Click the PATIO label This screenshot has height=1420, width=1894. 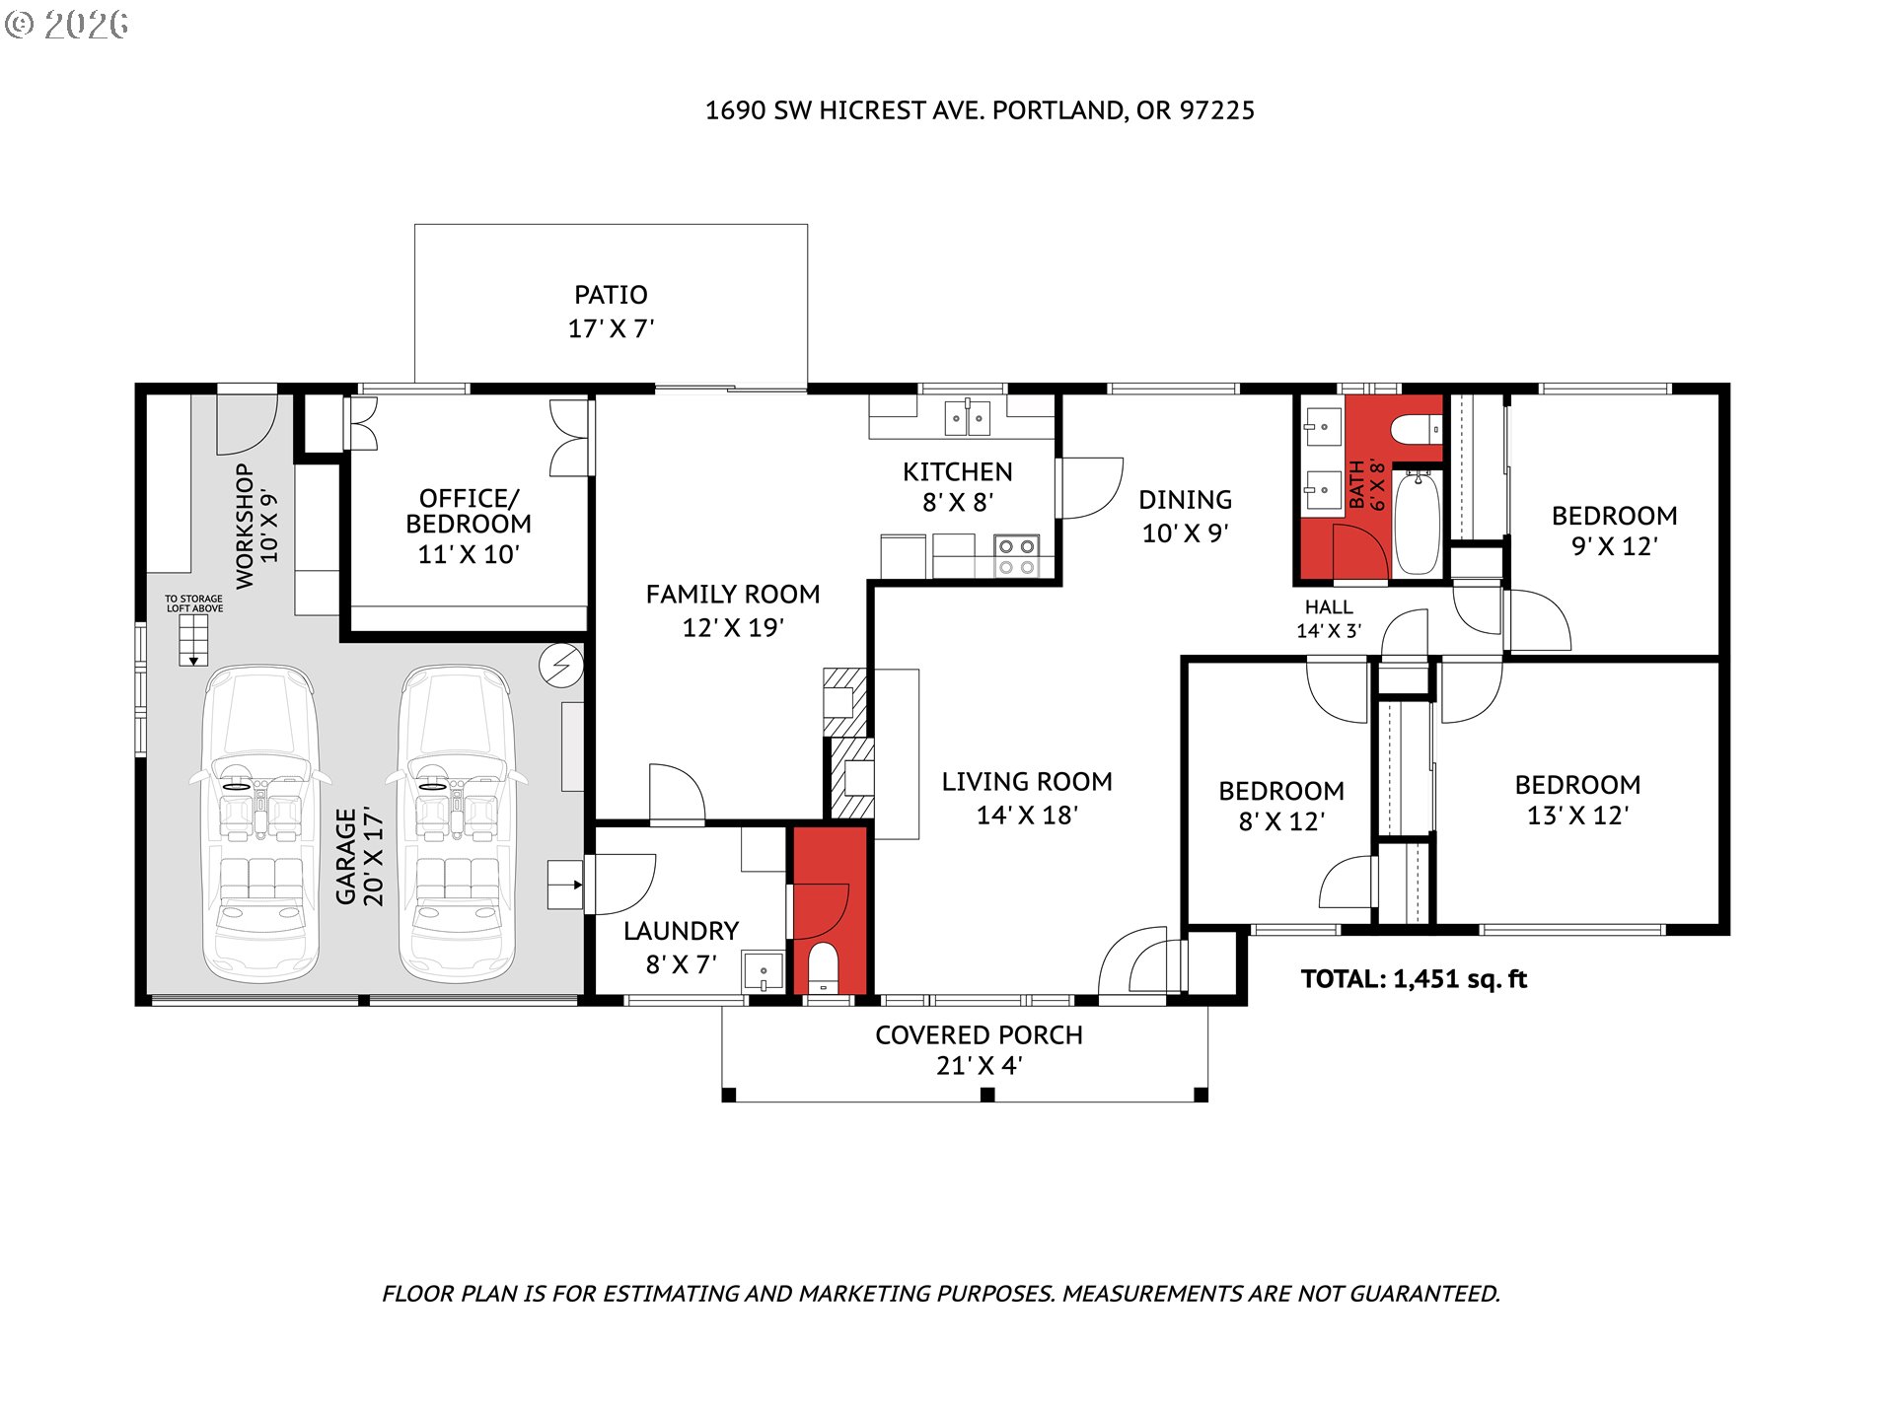[611, 295]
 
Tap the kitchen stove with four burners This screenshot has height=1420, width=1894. [1015, 556]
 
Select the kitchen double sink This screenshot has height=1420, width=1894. [967, 418]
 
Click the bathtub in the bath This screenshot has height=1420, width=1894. [1418, 523]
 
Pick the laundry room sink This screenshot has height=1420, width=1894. [763, 972]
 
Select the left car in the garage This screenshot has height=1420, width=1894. [260, 823]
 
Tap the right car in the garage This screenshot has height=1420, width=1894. [457, 823]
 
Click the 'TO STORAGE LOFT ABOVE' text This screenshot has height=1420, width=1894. [194, 603]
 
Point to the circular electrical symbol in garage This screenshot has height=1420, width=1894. [560, 667]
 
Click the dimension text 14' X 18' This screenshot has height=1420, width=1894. [1027, 816]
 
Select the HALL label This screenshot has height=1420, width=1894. [1329, 607]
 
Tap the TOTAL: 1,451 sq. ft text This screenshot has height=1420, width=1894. [1414, 979]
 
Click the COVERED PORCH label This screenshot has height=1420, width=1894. [979, 1035]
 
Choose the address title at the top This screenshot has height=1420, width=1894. [980, 110]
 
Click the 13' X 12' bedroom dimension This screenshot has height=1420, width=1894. [1577, 816]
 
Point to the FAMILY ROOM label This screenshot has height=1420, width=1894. [733, 595]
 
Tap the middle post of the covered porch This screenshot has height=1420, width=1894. [986, 1095]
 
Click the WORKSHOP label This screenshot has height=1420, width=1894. [244, 527]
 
